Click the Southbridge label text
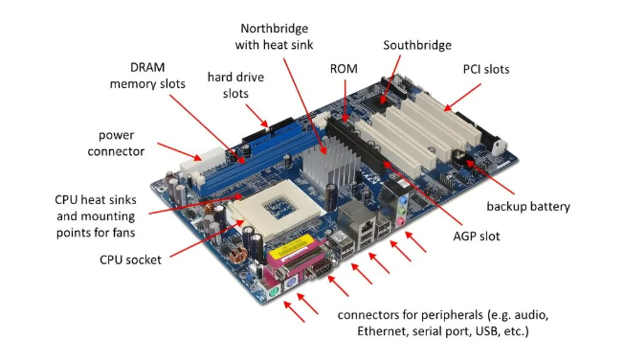pyautogui.click(x=417, y=45)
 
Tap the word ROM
pyautogui.click(x=344, y=69)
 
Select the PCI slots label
pyautogui.click(x=486, y=69)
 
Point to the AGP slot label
pyautogui.click(x=477, y=236)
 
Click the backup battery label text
pyautogui.click(x=528, y=206)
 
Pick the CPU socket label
pyautogui.click(x=130, y=260)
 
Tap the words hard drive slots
pyautogui.click(x=235, y=85)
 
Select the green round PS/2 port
pyautogui.click(x=273, y=294)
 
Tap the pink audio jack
pyautogui.click(x=400, y=221)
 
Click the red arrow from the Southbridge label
pyautogui.click(x=390, y=80)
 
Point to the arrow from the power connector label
pyautogui.click(x=180, y=151)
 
